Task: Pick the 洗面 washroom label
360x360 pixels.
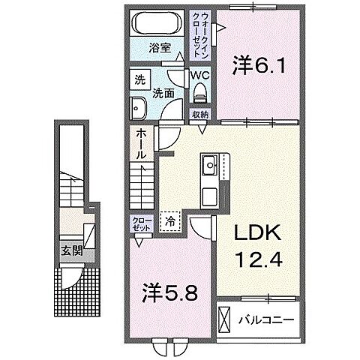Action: (164, 94)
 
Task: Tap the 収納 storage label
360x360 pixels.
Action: (199, 115)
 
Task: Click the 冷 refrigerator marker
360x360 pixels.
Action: (169, 222)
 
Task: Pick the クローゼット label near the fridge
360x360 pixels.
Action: (141, 223)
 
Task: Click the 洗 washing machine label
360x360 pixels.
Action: (139, 79)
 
